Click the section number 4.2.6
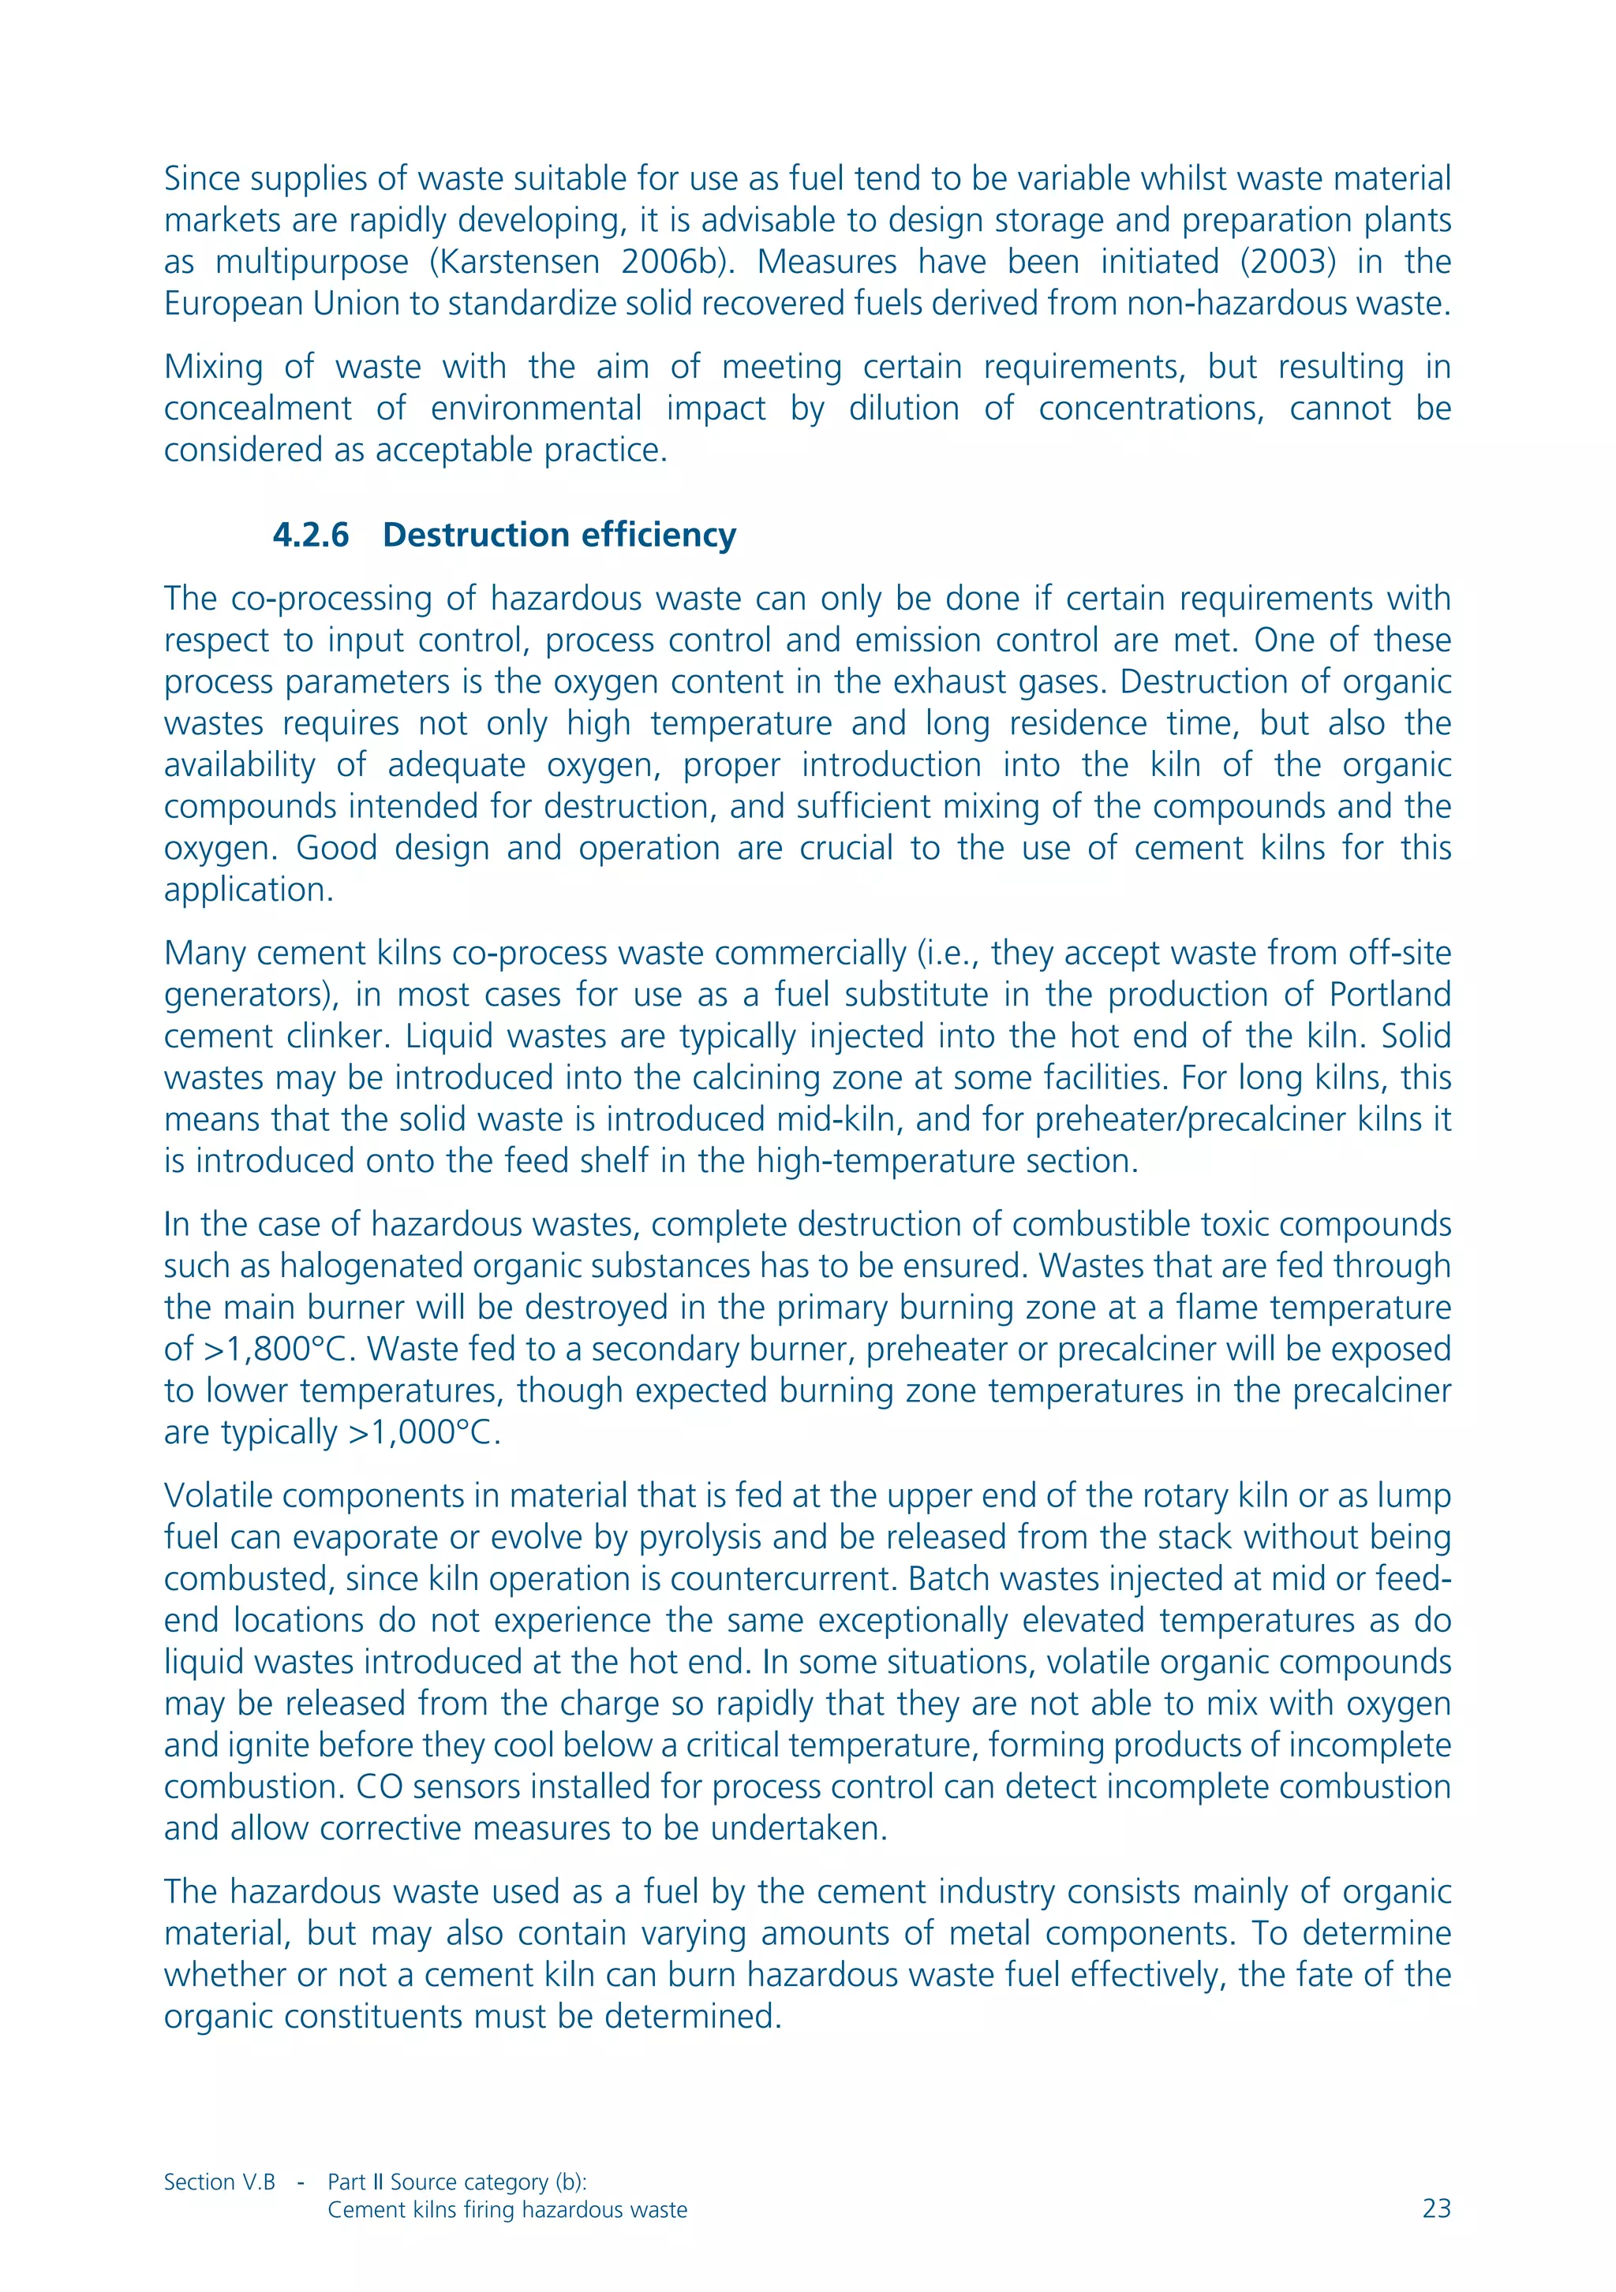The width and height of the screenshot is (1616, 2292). pyautogui.click(x=311, y=535)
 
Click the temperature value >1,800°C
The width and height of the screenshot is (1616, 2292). pyautogui.click(x=279, y=1349)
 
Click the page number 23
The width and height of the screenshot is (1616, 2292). pyautogui.click(x=1435, y=2209)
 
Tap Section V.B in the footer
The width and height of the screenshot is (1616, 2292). pyautogui.click(x=219, y=2182)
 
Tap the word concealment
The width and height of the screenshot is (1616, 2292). pyautogui.click(x=258, y=409)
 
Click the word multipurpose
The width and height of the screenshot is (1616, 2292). pyautogui.click(x=312, y=262)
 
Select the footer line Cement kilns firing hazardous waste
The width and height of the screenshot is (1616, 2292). pyautogui.click(x=507, y=2209)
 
